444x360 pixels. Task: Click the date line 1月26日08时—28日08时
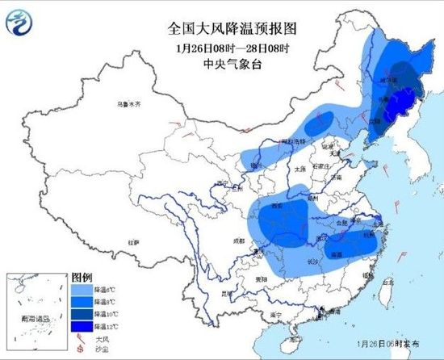232,48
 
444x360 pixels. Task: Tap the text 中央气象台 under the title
232,63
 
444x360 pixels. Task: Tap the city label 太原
302,169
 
